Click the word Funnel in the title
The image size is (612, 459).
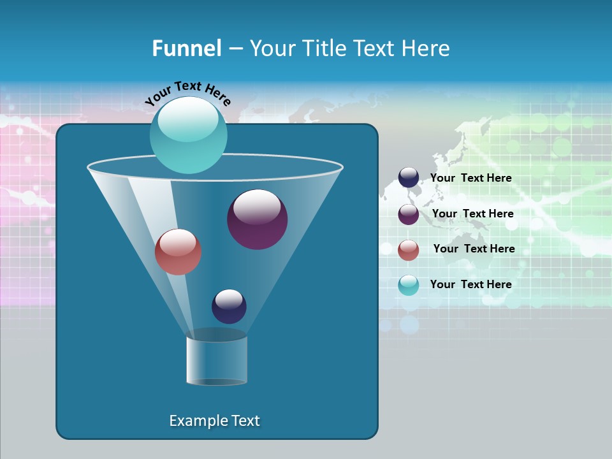tap(186, 48)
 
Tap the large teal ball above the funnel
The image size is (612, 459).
tap(188, 135)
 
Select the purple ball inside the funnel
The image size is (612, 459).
tap(257, 219)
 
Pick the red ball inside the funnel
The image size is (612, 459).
tap(178, 252)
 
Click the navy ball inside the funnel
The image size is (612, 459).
tap(229, 306)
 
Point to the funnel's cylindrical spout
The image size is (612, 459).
tap(217, 360)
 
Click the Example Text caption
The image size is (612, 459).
tap(214, 421)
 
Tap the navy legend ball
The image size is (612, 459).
tap(409, 177)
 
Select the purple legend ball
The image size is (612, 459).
tap(409, 214)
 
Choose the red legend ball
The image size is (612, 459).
tap(409, 250)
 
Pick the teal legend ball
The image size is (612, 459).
tap(409, 285)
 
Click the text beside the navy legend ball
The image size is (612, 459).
tap(470, 178)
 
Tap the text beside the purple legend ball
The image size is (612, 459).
tap(472, 214)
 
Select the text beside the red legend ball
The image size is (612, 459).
tap(474, 249)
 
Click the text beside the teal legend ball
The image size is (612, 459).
tap(470, 285)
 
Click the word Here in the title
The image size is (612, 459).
tap(426, 48)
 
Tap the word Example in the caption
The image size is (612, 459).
tap(196, 421)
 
